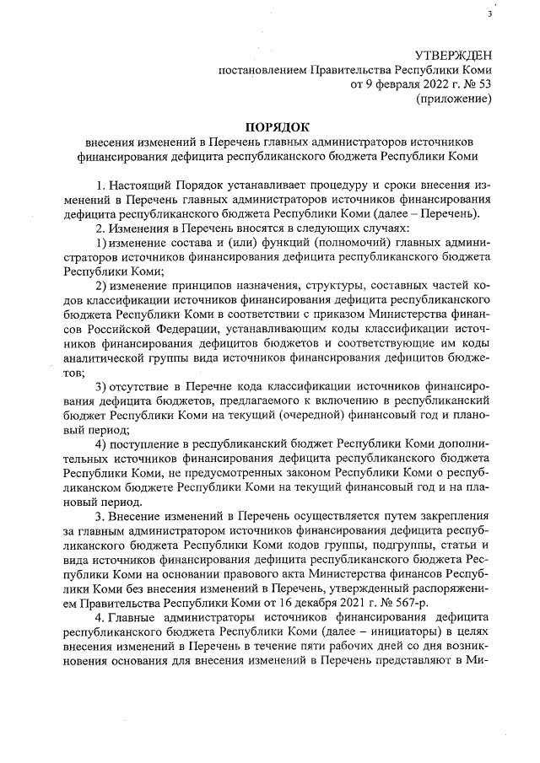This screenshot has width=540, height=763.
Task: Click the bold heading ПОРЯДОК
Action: point(269,126)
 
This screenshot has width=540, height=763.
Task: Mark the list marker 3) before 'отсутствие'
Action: point(100,387)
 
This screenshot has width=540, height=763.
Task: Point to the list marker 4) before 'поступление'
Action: point(100,444)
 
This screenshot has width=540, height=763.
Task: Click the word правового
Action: point(234,573)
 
